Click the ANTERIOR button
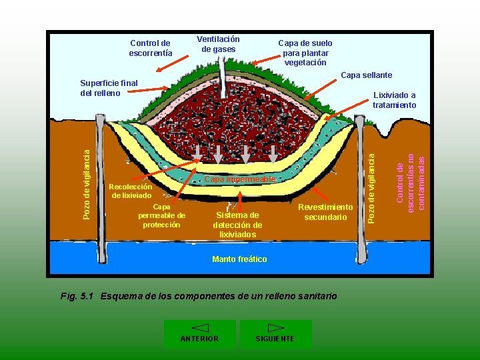(199, 334)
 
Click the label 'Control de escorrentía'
(150, 48)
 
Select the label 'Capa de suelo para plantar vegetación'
(305, 53)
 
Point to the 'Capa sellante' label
(366, 75)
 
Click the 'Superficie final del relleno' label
(108, 88)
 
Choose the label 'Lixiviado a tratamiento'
(394, 100)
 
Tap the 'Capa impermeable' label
(239, 179)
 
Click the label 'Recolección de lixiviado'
(131, 191)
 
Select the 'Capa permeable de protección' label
(161, 216)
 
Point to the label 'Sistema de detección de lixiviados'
(237, 225)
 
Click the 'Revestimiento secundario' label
(325, 212)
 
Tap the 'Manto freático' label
(239, 259)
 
